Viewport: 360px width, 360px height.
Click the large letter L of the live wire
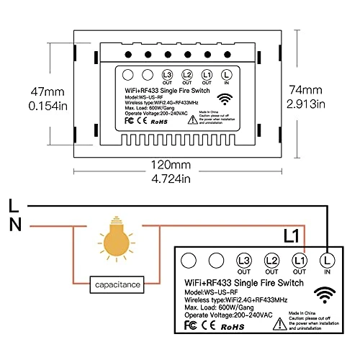click(x=14, y=204)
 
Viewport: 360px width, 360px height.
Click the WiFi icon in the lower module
click(x=329, y=293)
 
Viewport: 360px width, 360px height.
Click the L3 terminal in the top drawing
click(x=168, y=75)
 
